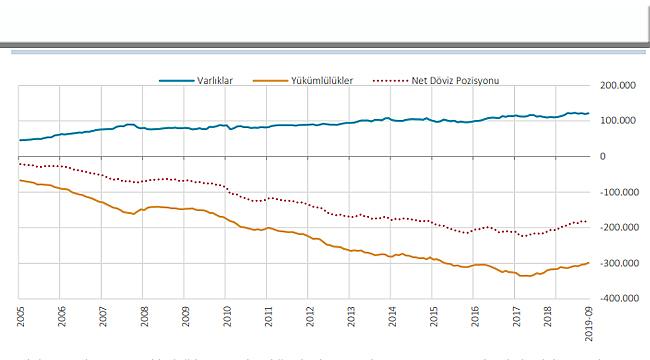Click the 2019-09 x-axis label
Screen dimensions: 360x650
597,322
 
